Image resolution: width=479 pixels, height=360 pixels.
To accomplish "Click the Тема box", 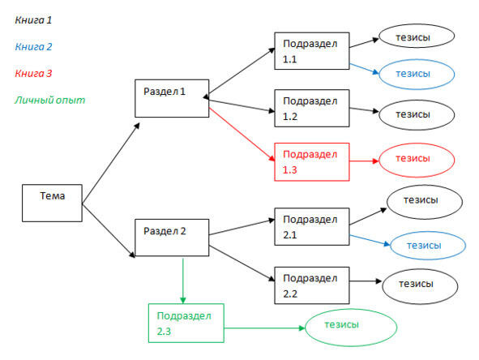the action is (52, 203).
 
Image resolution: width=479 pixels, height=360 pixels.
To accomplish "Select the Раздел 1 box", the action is (172, 98).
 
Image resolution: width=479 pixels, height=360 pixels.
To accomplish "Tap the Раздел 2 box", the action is (172, 238).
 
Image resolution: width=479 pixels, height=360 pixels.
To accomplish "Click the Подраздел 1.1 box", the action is (312, 51).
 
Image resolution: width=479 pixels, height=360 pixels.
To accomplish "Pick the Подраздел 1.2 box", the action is (312, 108).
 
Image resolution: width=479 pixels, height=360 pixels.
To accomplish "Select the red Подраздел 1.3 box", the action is (312, 162).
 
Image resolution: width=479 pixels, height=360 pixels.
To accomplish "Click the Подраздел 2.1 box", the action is (312, 227).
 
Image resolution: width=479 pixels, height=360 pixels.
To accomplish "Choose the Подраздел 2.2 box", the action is (312, 285).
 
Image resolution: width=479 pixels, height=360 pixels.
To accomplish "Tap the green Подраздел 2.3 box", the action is (186, 323).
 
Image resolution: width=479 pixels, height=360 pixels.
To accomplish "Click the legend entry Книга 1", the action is (33, 20).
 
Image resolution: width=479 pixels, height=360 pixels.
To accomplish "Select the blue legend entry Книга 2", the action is (33, 47).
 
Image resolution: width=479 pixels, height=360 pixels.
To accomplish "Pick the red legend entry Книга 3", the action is (33, 73).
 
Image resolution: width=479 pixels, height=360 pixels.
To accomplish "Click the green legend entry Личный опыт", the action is (49, 100).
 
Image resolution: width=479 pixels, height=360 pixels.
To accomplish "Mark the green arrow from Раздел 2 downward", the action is (183, 281).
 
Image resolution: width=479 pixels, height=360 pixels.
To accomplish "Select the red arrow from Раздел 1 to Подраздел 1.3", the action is (242, 134).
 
